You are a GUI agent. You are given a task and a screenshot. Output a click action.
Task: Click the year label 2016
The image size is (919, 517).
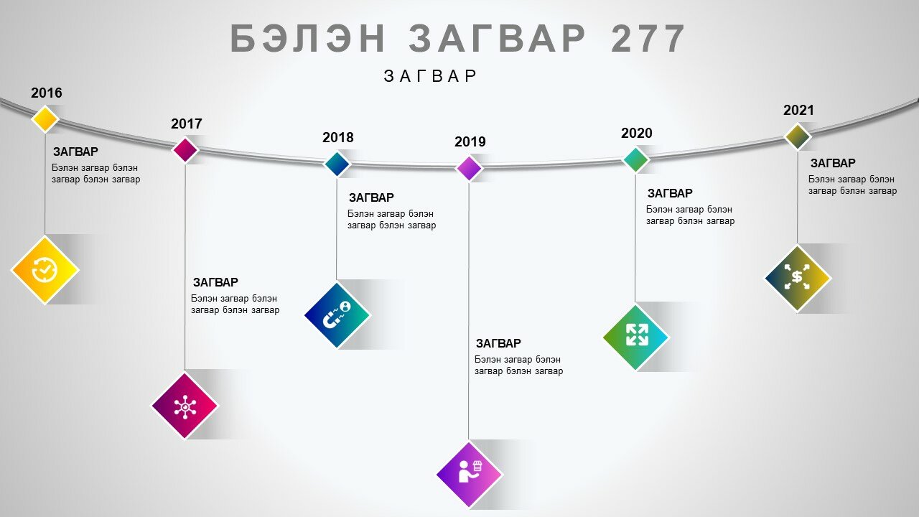click(47, 93)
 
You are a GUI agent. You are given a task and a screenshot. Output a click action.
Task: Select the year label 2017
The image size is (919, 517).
click(186, 124)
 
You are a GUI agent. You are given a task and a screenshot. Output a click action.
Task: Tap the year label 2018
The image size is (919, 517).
click(337, 137)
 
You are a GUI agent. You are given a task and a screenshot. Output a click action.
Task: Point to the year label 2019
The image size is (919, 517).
click(470, 142)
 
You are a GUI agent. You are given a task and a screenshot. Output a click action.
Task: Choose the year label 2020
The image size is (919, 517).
click(636, 134)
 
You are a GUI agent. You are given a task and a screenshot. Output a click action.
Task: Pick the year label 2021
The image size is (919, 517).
click(798, 111)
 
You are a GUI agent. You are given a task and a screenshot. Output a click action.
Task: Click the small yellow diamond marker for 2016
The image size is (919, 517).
click(45, 119)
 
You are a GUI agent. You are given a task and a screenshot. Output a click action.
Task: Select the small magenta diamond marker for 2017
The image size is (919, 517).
click(185, 150)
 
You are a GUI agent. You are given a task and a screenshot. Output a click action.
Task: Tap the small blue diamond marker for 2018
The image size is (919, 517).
click(337, 164)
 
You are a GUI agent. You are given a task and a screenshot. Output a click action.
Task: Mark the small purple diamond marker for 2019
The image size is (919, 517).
click(469, 168)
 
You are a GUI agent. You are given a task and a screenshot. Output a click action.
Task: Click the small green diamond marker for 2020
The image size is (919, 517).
click(635, 159)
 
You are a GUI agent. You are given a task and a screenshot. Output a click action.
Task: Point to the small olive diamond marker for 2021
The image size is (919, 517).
click(798, 136)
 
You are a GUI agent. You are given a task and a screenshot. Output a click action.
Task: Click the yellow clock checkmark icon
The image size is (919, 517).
click(45, 270)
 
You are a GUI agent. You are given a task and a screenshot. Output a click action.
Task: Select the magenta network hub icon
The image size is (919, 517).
click(185, 406)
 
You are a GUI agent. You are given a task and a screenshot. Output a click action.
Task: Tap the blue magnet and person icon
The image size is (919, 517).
click(337, 315)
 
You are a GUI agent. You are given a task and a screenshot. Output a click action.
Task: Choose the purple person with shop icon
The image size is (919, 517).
click(470, 475)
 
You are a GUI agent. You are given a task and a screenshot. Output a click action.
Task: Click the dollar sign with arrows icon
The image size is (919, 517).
click(797, 277)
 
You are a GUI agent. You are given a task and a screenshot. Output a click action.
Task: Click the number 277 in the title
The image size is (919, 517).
click(648, 39)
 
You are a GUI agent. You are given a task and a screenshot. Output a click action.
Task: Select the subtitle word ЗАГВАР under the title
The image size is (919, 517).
click(430, 76)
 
